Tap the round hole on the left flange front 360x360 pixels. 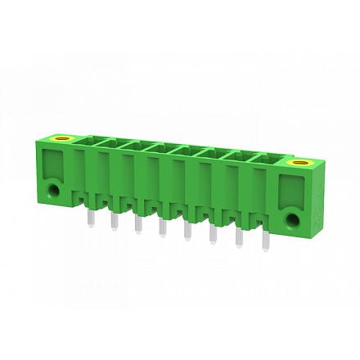(54, 190)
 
